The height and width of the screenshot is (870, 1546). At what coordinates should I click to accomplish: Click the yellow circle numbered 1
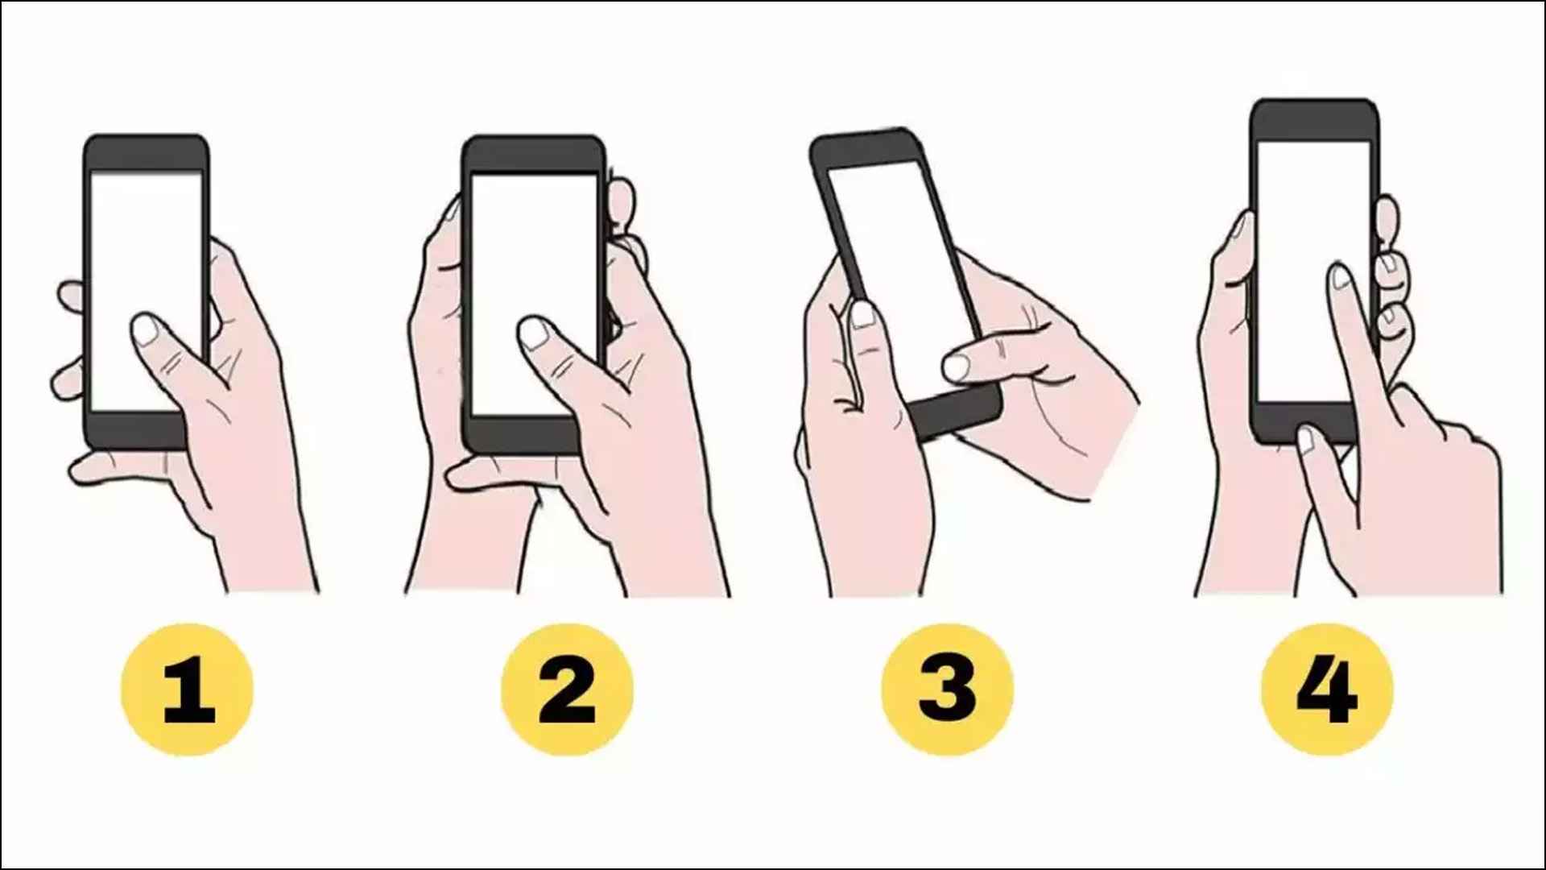[x=187, y=689]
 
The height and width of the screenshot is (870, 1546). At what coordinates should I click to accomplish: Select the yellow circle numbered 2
[x=567, y=689]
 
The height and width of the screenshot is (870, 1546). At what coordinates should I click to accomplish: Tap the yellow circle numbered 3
[x=947, y=689]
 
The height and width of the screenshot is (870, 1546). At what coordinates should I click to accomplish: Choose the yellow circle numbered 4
[x=1327, y=689]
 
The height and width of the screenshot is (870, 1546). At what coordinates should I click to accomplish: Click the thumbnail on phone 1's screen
[x=146, y=330]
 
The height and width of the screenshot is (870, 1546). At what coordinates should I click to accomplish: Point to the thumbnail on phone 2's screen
[x=534, y=333]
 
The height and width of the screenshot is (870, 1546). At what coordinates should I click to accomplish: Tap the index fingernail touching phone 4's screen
[x=1340, y=278]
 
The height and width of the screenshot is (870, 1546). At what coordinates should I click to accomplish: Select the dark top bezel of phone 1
[x=146, y=153]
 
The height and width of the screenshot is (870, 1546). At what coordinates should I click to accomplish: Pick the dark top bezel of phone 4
[x=1314, y=119]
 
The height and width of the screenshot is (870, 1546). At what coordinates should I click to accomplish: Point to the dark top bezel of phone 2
[x=532, y=155]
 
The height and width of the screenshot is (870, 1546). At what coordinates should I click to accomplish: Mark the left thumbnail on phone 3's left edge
[x=862, y=314]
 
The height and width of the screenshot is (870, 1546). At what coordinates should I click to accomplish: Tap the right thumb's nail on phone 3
[x=956, y=367]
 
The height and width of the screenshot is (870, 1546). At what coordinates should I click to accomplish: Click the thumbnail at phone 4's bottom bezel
[x=1306, y=440]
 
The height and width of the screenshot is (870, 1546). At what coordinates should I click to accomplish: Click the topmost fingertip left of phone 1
[x=71, y=295]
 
